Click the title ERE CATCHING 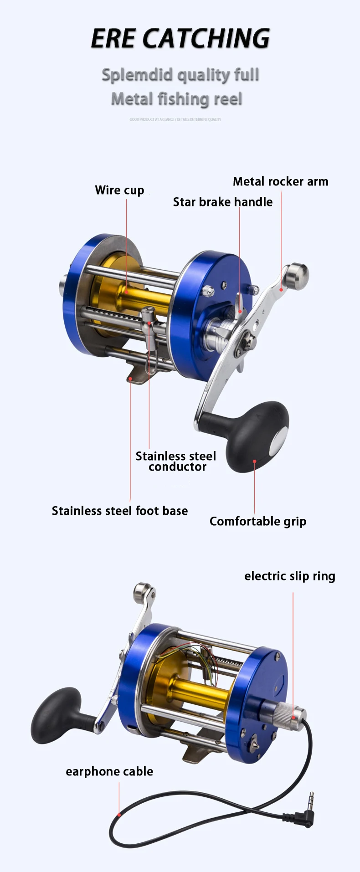coord(180,38)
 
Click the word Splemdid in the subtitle coord(138,75)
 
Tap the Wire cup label coord(119,190)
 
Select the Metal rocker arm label coord(280,181)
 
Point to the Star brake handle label coord(222,202)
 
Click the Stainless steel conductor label coord(176,461)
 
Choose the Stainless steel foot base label coord(119,511)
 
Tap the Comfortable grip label coord(257,521)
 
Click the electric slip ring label coord(289,576)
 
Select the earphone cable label coord(109,771)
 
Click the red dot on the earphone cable coord(119,815)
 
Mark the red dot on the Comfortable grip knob coord(254,461)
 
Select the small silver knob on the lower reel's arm coord(143,592)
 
